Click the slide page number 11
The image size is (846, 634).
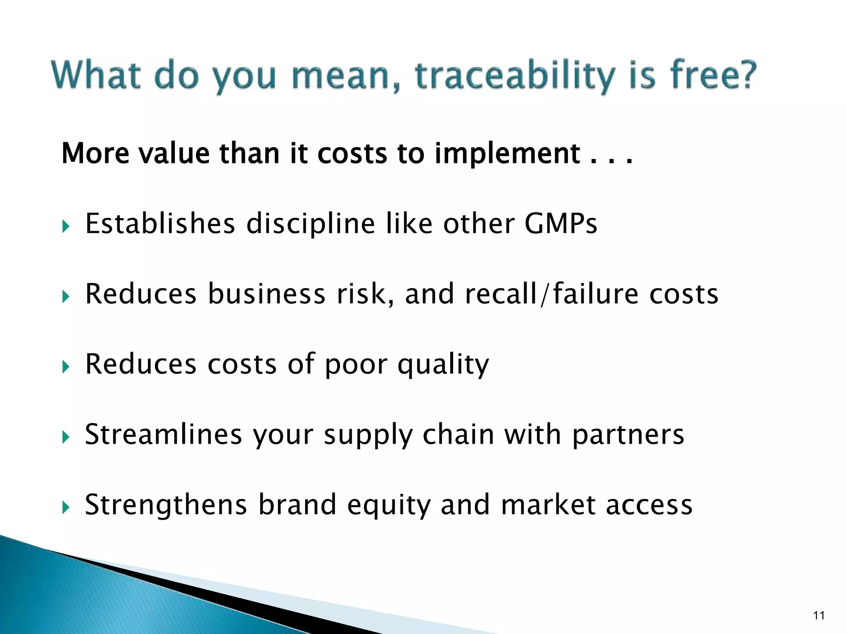click(819, 615)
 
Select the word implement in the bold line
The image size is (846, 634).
click(508, 154)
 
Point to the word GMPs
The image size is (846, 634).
click(561, 224)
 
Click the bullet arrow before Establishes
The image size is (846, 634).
click(66, 226)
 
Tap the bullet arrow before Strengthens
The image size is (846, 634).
click(66, 507)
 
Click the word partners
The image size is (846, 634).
click(628, 435)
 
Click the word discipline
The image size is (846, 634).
click(311, 224)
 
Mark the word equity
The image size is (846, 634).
click(388, 505)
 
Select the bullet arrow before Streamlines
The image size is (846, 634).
click(66, 437)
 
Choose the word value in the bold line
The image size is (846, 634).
click(173, 154)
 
